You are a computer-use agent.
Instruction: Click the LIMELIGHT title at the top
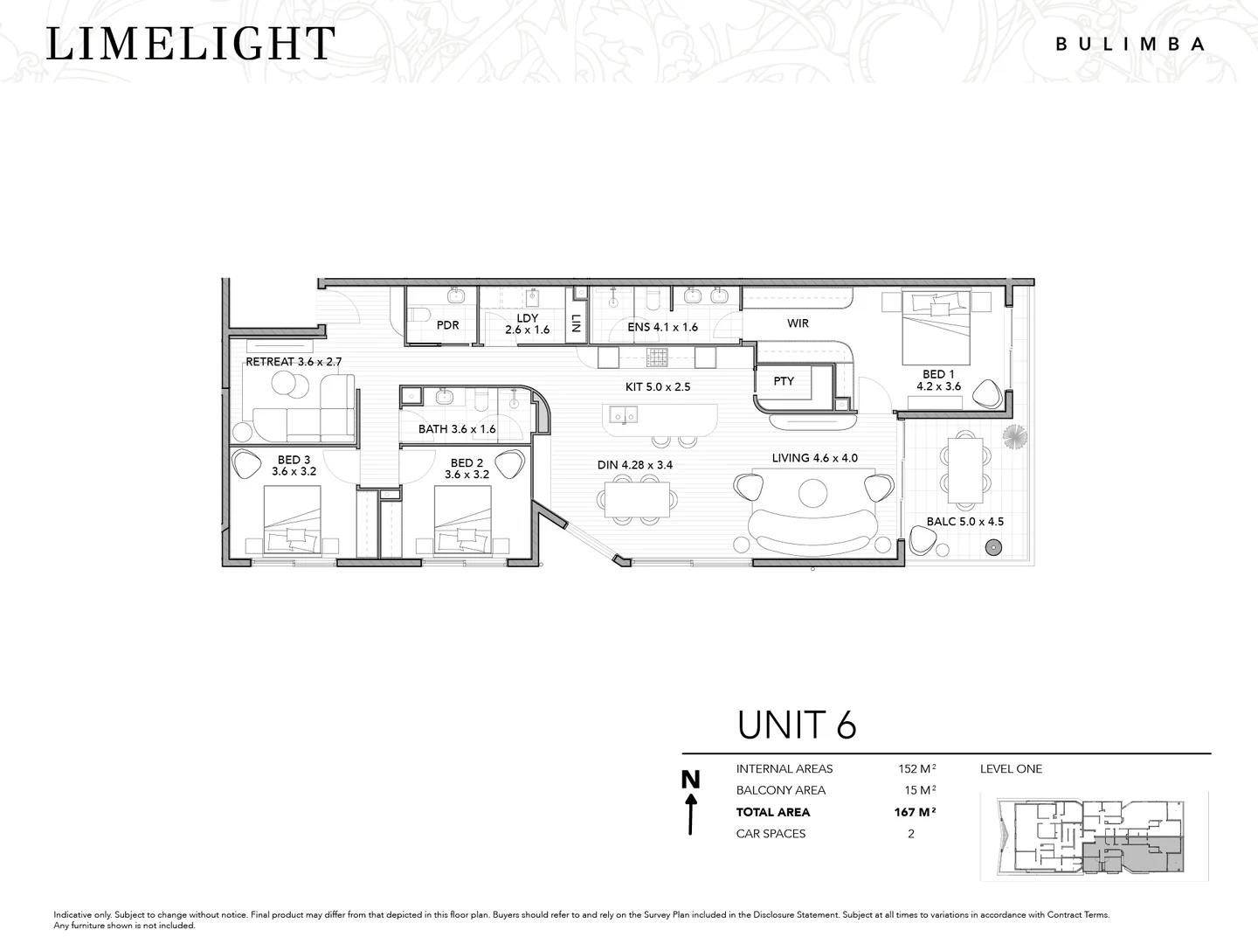[190, 44]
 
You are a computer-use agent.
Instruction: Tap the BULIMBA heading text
[1130, 44]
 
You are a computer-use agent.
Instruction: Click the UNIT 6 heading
[797, 725]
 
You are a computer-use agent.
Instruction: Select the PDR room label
[447, 325]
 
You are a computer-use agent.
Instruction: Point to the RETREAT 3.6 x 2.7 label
[294, 362]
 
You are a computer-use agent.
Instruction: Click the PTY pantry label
[784, 381]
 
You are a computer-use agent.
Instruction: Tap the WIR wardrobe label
[798, 323]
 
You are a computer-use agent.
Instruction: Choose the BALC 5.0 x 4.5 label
[965, 522]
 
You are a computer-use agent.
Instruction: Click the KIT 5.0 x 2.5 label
[658, 387]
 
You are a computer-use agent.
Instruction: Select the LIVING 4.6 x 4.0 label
[814, 458]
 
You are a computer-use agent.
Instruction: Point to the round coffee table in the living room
[812, 492]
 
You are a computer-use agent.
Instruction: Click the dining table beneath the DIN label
[636, 499]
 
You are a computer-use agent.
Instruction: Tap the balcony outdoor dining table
[965, 470]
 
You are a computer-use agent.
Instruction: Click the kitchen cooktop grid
[657, 357]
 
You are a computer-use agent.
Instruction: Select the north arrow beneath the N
[691, 814]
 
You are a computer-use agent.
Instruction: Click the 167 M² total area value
[915, 812]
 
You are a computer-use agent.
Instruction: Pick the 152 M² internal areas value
[917, 768]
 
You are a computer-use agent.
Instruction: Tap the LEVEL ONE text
[1011, 768]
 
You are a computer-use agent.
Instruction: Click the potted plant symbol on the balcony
[1014, 436]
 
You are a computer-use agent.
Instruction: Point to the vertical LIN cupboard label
[576, 324]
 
